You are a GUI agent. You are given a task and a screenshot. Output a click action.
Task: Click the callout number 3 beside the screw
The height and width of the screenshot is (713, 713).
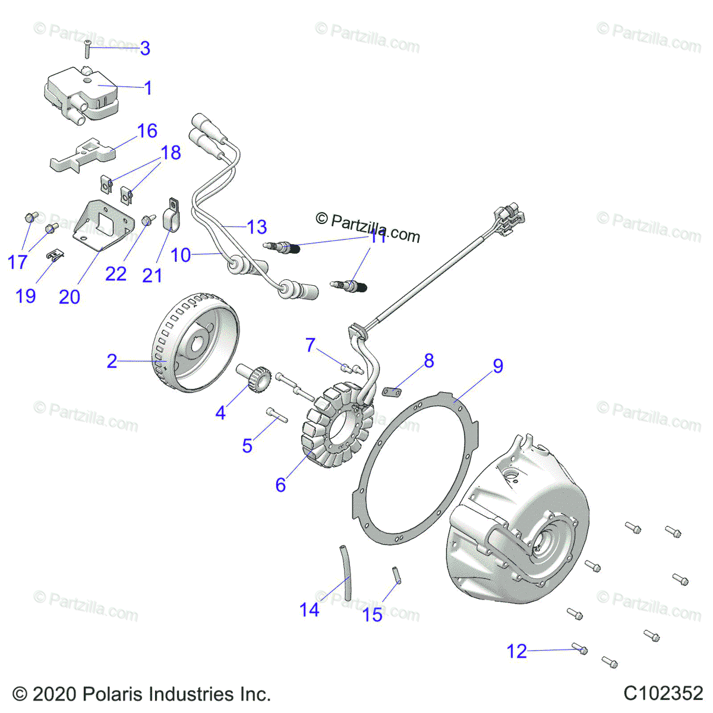click(x=145, y=48)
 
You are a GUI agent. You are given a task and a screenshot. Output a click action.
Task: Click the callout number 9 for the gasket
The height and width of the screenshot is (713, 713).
click(x=498, y=366)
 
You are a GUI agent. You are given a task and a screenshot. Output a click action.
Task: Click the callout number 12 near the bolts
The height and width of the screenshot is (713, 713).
click(x=516, y=652)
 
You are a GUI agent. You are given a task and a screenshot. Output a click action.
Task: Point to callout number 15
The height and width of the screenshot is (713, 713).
click(x=373, y=615)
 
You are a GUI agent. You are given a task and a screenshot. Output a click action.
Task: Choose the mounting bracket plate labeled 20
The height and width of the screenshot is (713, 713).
click(x=102, y=229)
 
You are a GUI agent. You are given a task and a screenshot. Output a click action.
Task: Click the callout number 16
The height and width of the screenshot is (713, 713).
click(x=147, y=131)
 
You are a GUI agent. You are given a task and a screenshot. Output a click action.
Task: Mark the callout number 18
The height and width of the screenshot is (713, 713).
click(x=171, y=153)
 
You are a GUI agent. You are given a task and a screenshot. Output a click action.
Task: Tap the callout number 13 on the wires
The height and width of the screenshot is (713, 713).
click(x=257, y=227)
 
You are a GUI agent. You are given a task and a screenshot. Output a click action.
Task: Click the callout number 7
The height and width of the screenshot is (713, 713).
click(x=310, y=345)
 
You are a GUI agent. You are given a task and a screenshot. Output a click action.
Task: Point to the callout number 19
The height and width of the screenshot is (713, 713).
click(x=26, y=296)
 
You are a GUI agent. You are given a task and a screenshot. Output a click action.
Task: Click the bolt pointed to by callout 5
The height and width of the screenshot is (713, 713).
click(x=277, y=414)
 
